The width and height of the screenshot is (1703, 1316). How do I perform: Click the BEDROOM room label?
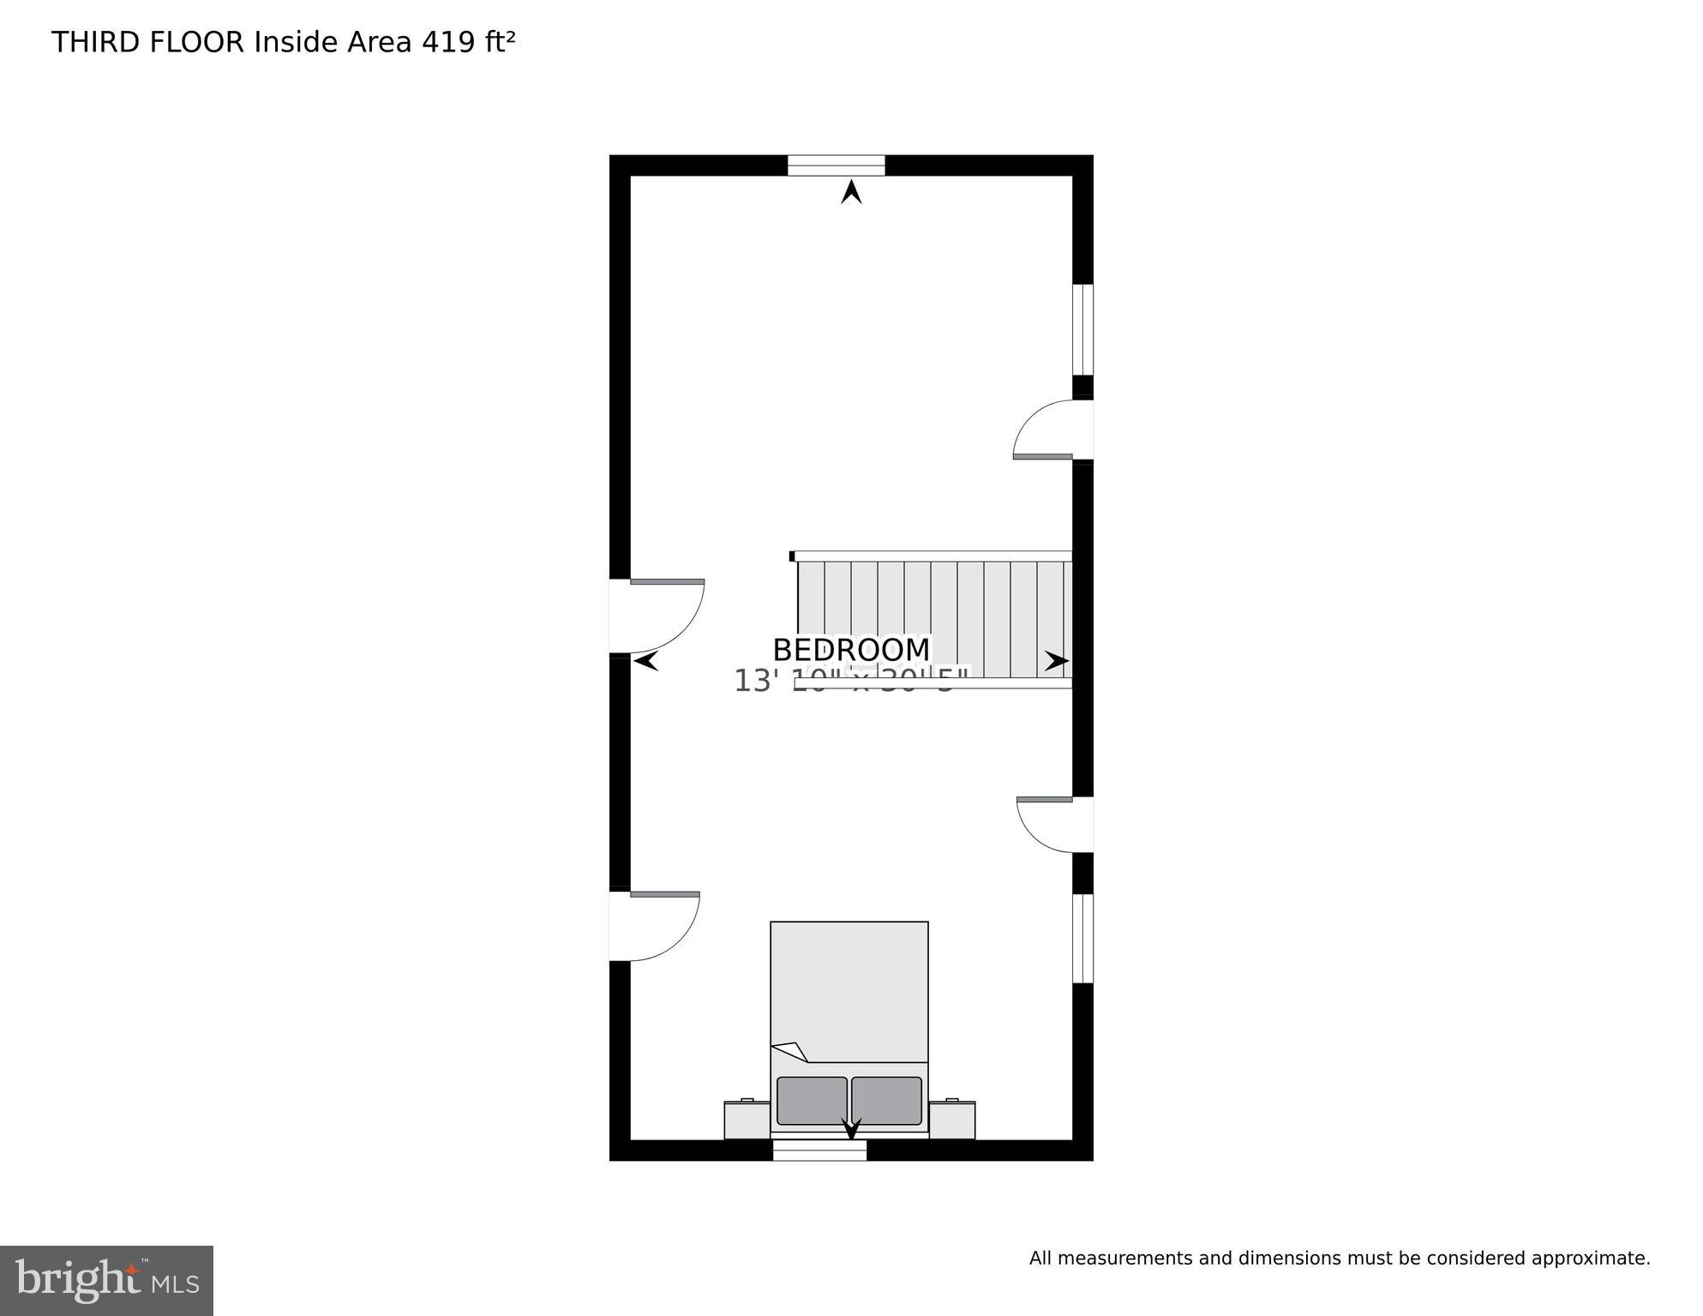pyautogui.click(x=850, y=650)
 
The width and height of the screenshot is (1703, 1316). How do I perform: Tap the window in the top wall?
pyautogui.click(x=836, y=165)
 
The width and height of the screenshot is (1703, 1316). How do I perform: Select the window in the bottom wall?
pyautogui.click(x=819, y=1150)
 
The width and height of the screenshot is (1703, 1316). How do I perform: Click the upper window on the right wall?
pyautogui.click(x=1083, y=330)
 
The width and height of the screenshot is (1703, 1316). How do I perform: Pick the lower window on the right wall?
pyautogui.click(x=1083, y=938)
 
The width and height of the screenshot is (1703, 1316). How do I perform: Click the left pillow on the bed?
pyautogui.click(x=812, y=1101)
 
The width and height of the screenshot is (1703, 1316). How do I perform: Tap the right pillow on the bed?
pyautogui.click(x=886, y=1101)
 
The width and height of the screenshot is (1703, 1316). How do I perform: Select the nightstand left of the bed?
pyautogui.click(x=747, y=1120)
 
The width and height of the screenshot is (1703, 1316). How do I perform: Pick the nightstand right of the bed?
pyautogui.click(x=952, y=1120)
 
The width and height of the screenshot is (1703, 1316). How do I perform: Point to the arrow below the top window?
pyautogui.click(x=851, y=192)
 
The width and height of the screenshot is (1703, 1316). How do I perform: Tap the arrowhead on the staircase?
pyautogui.click(x=1057, y=661)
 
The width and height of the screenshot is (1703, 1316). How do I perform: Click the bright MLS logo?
pyautogui.click(x=106, y=1280)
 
